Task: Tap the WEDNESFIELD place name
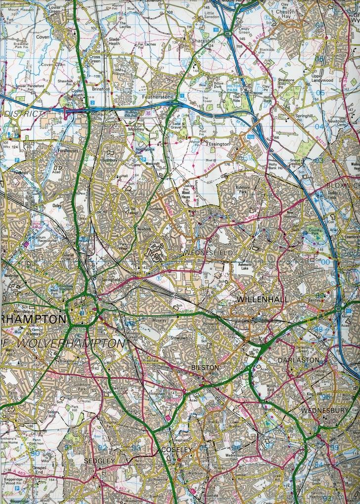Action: [208, 253]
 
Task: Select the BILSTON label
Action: [205, 368]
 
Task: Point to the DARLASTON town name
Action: [298, 360]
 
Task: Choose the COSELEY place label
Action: [176, 450]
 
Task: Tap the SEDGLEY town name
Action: [99, 461]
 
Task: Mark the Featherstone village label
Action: [158, 97]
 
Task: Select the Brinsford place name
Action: [100, 89]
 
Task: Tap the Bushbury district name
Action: [109, 160]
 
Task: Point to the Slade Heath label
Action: [114, 41]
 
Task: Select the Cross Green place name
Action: [95, 59]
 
